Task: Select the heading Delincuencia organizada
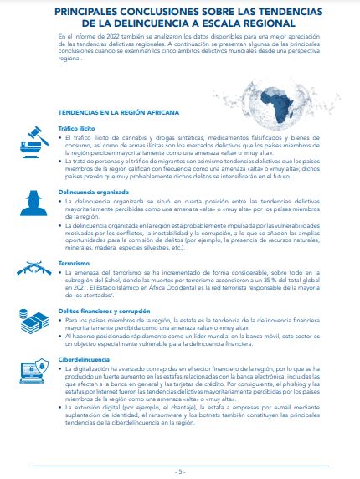pyautogui.click(x=94, y=191)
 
